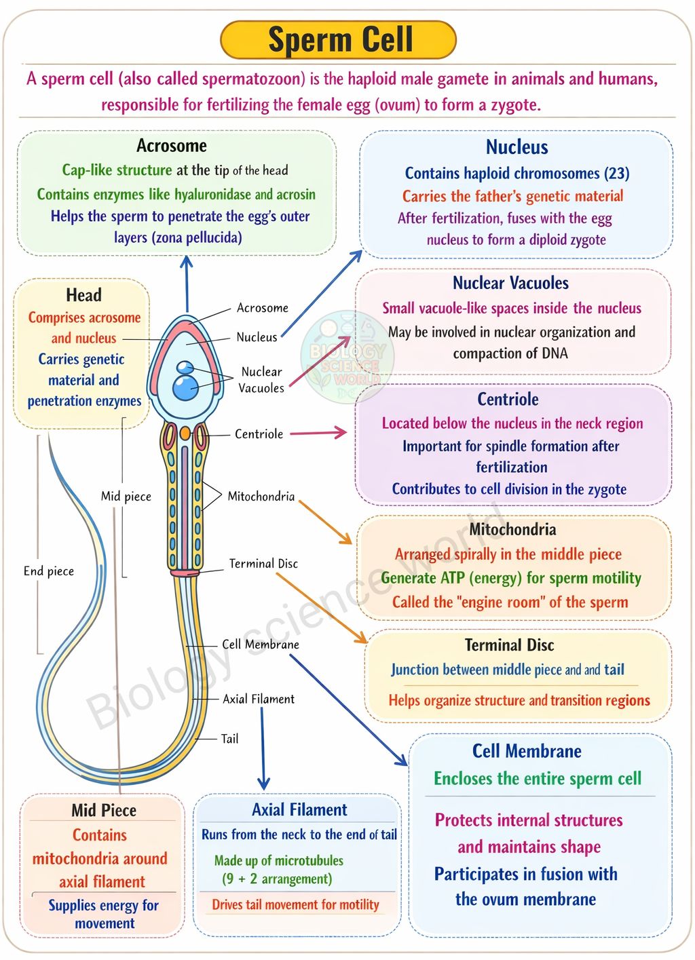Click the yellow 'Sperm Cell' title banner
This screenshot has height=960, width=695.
338,39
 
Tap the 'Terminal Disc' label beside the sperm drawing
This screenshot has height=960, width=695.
263,563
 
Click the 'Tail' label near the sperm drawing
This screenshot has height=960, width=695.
229,738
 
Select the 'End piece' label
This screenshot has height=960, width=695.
48,571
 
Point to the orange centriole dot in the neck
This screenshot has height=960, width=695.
185,433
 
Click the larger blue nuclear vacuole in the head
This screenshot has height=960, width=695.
186,387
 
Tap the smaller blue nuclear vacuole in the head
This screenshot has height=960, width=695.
185,367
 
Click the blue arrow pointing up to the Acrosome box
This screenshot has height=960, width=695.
187,284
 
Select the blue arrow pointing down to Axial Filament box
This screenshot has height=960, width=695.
263,748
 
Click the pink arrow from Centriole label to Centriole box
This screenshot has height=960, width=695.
318,432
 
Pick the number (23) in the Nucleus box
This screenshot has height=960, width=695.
616,173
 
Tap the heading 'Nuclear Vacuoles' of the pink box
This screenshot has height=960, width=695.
510,283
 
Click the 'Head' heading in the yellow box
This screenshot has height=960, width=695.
83,295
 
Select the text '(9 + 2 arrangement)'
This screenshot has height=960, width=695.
277,879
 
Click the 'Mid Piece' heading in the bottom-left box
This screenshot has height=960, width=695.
104,810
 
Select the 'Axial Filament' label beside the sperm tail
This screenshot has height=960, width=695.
259,699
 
